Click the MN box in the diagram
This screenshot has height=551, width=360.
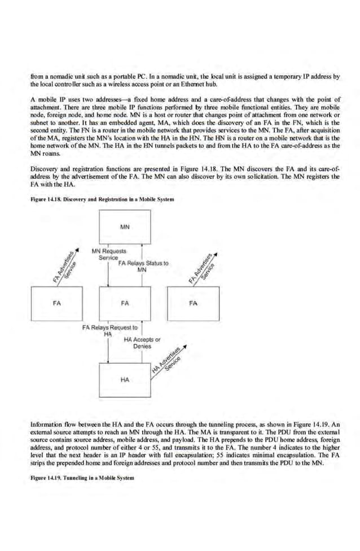[125, 228]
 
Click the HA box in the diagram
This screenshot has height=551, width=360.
[125, 380]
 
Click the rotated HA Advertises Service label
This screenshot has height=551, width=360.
[168, 360]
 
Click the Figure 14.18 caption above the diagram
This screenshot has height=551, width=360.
[94, 200]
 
